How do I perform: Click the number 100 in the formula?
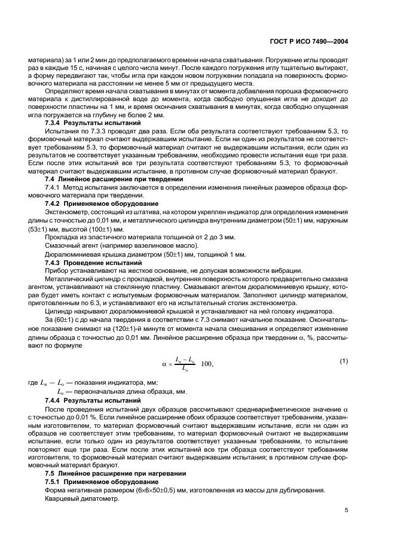tap(206, 364)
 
